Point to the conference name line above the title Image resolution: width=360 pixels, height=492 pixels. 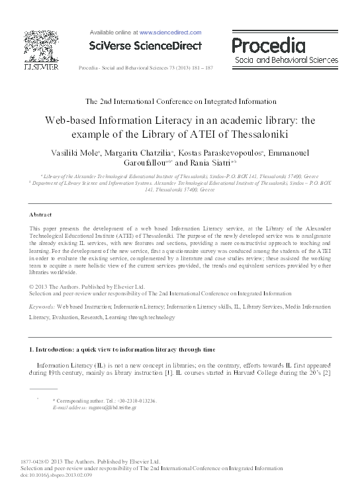click(x=180, y=101)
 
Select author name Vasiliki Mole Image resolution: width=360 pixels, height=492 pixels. click(x=75, y=153)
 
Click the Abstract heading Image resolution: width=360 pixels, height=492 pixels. click(x=42, y=216)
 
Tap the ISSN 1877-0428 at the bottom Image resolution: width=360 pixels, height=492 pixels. click(x=37, y=462)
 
